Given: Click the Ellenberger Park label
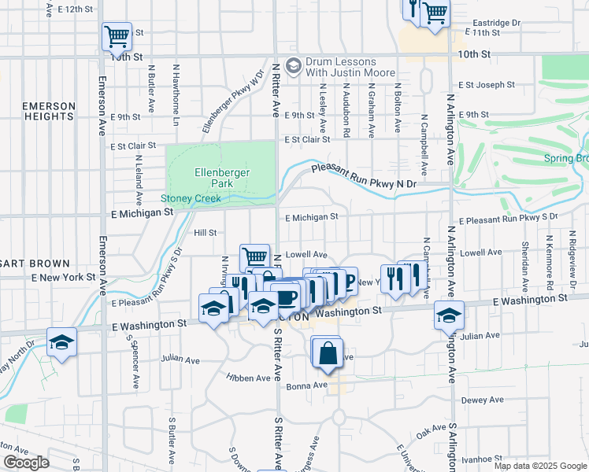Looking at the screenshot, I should point(214,177).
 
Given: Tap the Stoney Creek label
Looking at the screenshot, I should point(191,199).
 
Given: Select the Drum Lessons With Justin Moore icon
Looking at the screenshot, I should point(294,66).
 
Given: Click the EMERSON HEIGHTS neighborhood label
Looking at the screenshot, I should point(48,111).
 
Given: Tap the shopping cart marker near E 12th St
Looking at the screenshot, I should point(117,35).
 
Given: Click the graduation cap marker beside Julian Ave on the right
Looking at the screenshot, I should point(449,315).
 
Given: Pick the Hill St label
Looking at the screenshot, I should point(205,233).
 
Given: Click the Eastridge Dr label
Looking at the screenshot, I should point(497,23).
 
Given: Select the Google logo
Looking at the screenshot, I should point(26,463).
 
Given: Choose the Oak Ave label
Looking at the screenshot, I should point(430,433).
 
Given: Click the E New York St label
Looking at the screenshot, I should point(63,278).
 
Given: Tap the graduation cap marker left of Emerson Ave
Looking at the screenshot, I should point(61,343).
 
